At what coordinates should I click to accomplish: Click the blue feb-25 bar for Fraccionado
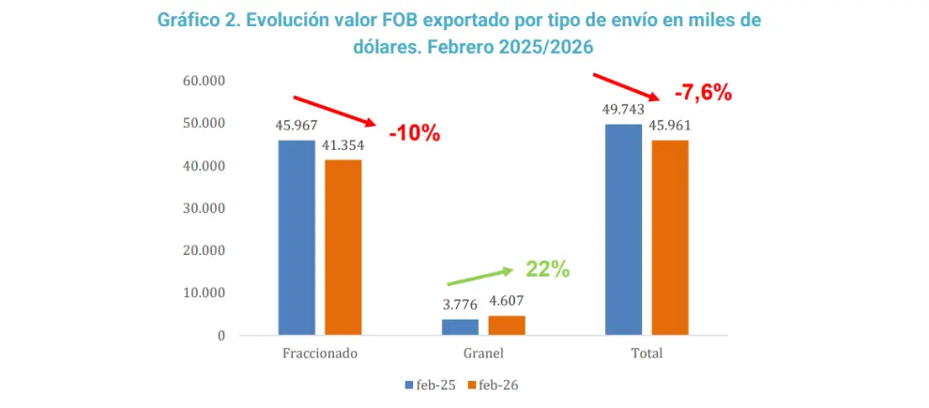[297, 237]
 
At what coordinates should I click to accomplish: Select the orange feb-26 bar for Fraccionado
[343, 248]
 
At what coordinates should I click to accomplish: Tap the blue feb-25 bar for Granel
[461, 327]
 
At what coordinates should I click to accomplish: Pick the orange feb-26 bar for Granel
[507, 325]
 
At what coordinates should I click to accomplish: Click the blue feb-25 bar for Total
[624, 230]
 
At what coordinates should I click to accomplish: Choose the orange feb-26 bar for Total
[670, 237]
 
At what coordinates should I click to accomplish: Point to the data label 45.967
[297, 126]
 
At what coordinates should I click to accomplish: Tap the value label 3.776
[461, 306]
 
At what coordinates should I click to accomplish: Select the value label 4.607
[507, 302]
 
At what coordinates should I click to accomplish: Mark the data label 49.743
[623, 110]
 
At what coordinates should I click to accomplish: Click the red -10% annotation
[415, 134]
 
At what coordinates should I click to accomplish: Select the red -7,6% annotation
[703, 93]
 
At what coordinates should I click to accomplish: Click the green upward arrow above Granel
[480, 277]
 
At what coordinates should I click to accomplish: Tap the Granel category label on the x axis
[483, 355]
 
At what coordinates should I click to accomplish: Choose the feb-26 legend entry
[493, 385]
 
